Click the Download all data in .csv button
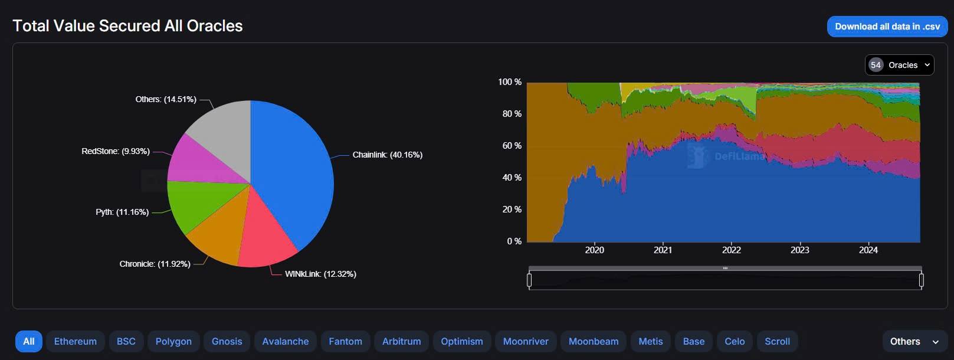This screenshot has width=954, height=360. click(x=887, y=27)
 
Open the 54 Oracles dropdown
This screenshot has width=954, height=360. click(x=899, y=65)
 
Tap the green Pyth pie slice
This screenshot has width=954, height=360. click(x=198, y=207)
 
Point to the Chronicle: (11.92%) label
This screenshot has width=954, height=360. click(x=155, y=264)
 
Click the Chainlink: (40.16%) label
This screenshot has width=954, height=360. click(x=387, y=155)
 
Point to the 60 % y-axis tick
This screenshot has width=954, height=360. click(x=512, y=146)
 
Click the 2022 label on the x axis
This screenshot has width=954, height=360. click(x=731, y=250)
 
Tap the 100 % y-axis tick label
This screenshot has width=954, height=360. click(x=510, y=82)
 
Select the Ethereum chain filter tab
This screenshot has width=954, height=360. click(x=75, y=341)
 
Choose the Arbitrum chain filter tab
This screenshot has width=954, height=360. click(x=401, y=341)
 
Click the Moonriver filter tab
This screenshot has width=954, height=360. click(x=525, y=341)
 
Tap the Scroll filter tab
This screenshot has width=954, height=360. click(x=777, y=341)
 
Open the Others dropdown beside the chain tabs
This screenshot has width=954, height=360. click(x=914, y=341)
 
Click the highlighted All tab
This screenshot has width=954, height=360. click(x=28, y=341)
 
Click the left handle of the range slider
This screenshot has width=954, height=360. click(x=529, y=280)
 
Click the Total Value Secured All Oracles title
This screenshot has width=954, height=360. click(x=127, y=26)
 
